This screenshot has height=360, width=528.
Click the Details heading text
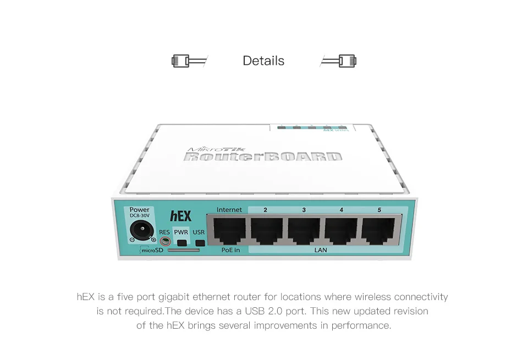pyautogui.click(x=263, y=60)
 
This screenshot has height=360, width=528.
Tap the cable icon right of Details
pyautogui.click(x=339, y=60)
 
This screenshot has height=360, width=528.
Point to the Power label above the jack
pyautogui.click(x=140, y=209)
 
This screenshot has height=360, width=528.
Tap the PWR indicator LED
pyautogui.click(x=182, y=243)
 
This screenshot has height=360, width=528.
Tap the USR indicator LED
pyautogui.click(x=200, y=243)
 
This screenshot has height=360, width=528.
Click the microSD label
pyautogui.click(x=152, y=251)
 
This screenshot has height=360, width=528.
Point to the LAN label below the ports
pyautogui.click(x=321, y=251)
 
